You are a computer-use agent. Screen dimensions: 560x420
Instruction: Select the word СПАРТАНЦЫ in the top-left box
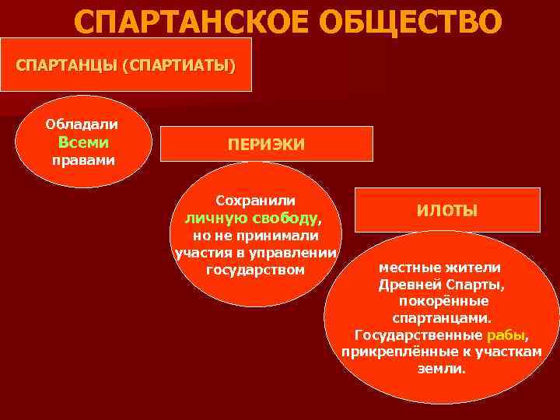click(65, 65)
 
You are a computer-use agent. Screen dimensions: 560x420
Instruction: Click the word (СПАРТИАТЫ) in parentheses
click(177, 65)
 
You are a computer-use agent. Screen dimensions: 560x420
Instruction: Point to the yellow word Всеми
click(83, 142)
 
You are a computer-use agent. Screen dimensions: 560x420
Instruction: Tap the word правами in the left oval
click(82, 161)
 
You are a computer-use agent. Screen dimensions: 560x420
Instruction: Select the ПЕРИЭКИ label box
click(266, 145)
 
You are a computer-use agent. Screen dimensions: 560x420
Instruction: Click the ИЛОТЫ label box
click(447, 210)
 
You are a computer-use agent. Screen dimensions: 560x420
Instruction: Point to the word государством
click(256, 271)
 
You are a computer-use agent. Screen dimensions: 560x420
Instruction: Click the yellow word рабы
click(506, 335)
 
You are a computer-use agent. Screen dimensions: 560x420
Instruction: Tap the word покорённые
click(443, 301)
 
